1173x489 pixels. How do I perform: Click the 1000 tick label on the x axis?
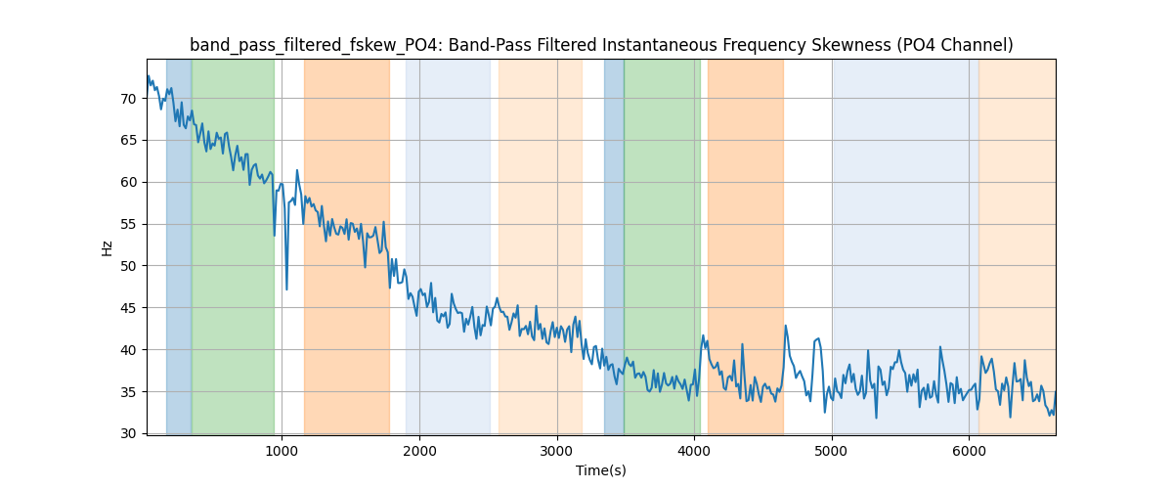coord(282,451)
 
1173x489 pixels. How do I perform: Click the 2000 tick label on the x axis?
coord(419,451)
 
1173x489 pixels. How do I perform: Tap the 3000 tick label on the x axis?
coord(557,451)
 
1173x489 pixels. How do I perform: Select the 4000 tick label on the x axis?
coord(694,451)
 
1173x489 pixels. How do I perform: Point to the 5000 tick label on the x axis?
coord(832,451)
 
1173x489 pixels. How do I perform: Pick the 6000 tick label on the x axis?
coord(969,451)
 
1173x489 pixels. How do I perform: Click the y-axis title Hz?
coord(108,247)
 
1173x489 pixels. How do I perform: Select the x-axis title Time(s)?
coord(601,470)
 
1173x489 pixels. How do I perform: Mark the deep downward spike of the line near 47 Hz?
coord(286,289)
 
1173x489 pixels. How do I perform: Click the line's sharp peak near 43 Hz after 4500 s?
coord(785,327)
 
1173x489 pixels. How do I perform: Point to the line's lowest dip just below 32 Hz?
coord(876,418)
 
